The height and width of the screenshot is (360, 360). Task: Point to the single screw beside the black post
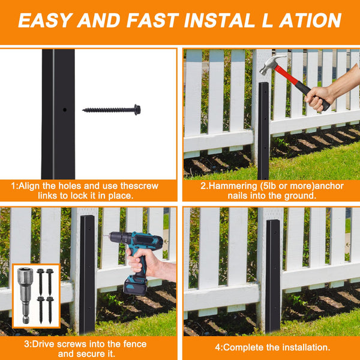click(112, 110)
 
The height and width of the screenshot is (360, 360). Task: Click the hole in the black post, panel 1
click(64, 110)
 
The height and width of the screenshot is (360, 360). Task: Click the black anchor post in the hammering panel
click(263, 132)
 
